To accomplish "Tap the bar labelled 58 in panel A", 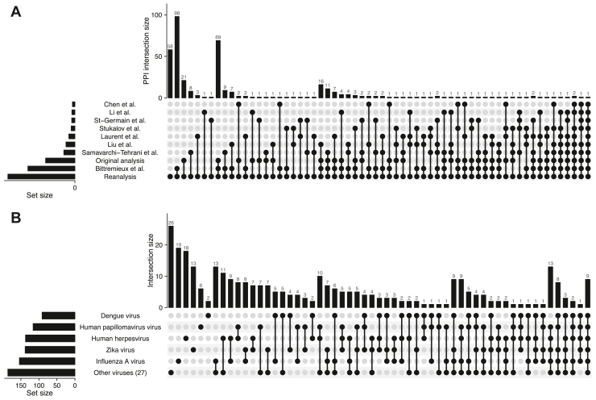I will click(170, 73).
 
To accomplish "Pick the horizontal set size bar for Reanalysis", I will click(41, 177).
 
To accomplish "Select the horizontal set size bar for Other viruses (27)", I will click(41, 373).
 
